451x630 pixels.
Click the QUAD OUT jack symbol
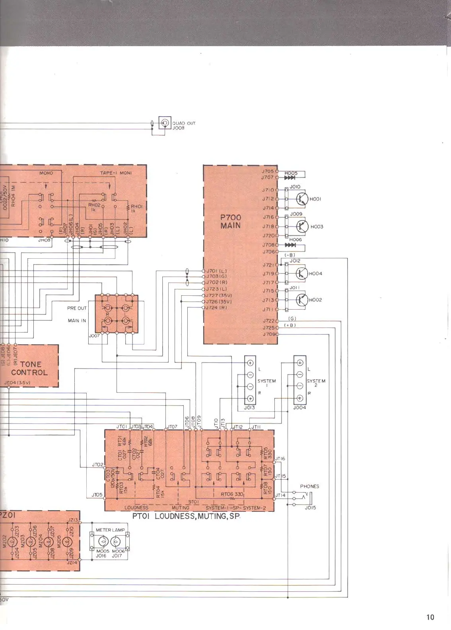(165, 123)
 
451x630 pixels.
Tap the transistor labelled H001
(302, 199)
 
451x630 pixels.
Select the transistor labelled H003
(302, 226)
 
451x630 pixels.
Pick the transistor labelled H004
(302, 273)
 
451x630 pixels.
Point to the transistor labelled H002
(302, 300)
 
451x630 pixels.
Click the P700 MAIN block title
(231, 221)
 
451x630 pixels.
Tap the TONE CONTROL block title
(29, 368)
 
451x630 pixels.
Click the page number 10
(430, 617)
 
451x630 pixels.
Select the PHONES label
(309, 486)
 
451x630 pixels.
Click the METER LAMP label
(110, 530)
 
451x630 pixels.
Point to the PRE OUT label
(77, 308)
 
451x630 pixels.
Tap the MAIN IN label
(77, 320)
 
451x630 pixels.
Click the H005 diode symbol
(290, 178)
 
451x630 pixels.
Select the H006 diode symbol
(290, 245)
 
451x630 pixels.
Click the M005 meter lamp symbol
(103, 541)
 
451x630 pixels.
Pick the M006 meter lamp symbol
(116, 541)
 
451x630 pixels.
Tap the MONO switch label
(46, 173)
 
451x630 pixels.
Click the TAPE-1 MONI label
(116, 173)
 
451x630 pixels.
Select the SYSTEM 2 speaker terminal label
(316, 382)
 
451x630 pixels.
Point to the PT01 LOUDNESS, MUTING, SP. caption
(186, 516)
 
